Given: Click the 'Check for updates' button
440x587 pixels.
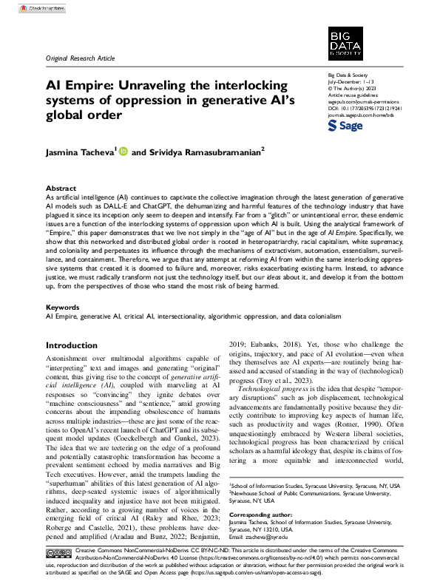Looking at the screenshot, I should tap(30, 7).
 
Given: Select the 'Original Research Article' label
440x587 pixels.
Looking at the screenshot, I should tap(79, 58).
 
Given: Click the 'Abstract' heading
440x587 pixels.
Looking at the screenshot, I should tap(61, 189).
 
